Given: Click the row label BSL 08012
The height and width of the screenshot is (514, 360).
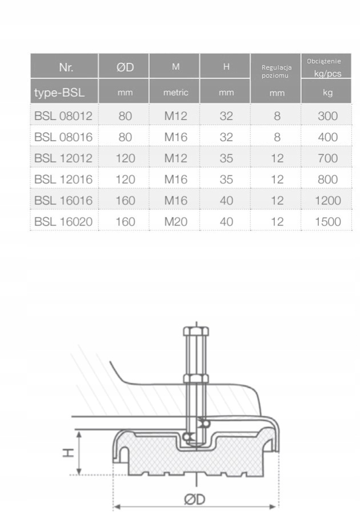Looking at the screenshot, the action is [x=63, y=116].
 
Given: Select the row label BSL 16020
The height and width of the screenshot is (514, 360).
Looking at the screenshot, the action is [x=63, y=222].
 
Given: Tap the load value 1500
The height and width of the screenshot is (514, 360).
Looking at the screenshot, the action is [x=328, y=222].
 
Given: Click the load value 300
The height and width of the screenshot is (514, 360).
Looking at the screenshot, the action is [x=328, y=116].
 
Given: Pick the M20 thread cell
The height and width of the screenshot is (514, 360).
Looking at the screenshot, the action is [x=176, y=222].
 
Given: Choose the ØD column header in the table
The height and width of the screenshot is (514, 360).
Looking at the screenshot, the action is [x=125, y=67].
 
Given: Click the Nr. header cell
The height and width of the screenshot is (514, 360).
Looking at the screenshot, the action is [x=66, y=67].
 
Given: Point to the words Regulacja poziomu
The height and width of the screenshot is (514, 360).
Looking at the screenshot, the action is [x=277, y=71].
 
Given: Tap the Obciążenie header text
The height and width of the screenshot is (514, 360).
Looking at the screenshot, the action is [x=324, y=61].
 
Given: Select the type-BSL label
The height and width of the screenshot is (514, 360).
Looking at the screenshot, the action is [x=59, y=93].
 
